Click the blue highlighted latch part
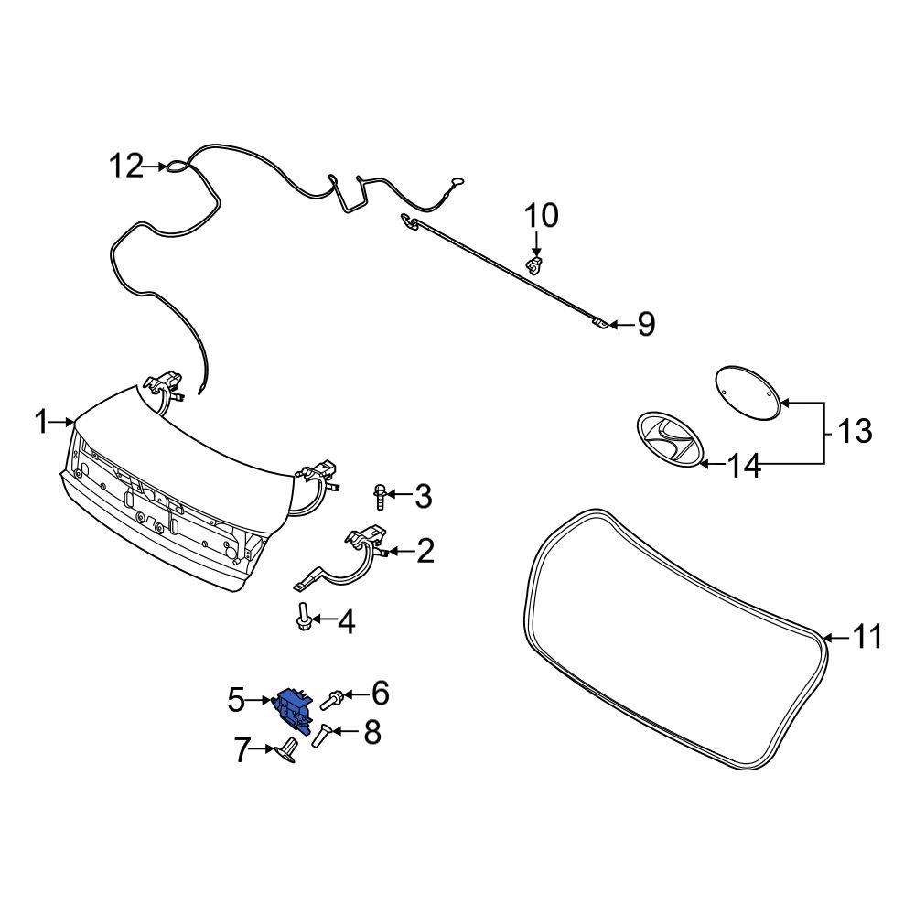click(x=291, y=705)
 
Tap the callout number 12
click(x=127, y=167)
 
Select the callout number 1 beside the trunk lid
click(x=40, y=422)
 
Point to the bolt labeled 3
click(x=379, y=497)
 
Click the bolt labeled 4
click(x=303, y=619)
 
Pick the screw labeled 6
click(x=332, y=698)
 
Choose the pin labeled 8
click(x=321, y=735)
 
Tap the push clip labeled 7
click(x=287, y=749)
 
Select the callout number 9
click(x=646, y=324)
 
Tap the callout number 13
click(x=856, y=431)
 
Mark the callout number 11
click(x=865, y=636)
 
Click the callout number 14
click(x=745, y=466)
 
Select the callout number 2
click(x=424, y=551)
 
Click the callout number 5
click(x=236, y=701)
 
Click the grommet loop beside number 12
click(x=176, y=167)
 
